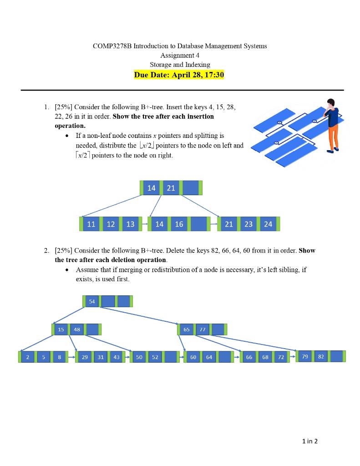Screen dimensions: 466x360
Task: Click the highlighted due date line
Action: [x=179, y=75]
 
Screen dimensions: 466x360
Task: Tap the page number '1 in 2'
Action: [x=310, y=441]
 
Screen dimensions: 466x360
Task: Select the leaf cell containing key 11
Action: [x=91, y=224]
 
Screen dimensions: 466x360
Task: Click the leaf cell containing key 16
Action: [x=179, y=224]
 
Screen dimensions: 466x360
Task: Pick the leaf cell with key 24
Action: [x=268, y=224]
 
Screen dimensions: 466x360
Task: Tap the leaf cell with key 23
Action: [x=248, y=224]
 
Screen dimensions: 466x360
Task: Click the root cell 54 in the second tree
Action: [x=92, y=301]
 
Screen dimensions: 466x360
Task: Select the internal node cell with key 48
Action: [x=76, y=329]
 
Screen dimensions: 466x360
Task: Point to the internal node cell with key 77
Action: [x=202, y=329]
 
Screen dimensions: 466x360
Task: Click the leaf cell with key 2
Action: [x=27, y=357]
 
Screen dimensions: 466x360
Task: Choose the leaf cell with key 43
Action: [x=117, y=357]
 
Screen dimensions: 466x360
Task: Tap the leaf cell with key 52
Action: [x=155, y=357]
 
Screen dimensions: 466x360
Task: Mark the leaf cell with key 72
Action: [x=281, y=357]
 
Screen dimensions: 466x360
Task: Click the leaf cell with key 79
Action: [x=305, y=357]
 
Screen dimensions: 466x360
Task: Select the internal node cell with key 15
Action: [x=61, y=329]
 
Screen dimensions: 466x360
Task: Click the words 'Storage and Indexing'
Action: [x=180, y=65]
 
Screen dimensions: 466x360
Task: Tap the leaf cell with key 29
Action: [x=85, y=357]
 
